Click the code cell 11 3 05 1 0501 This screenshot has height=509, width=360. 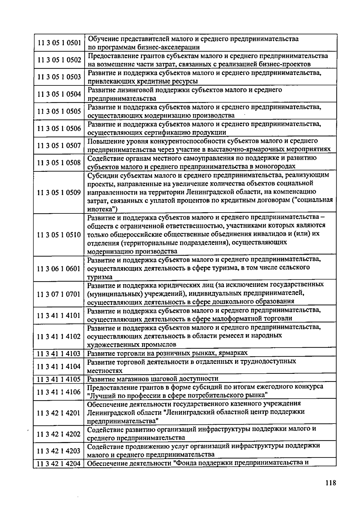tap(59, 43)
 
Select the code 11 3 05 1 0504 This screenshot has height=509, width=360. tap(59, 94)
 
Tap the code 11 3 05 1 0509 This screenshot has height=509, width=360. tap(59, 192)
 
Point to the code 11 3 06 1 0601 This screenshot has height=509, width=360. tap(59, 269)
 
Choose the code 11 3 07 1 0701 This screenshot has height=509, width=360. tap(59, 294)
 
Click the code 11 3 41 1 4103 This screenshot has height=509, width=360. tap(59, 354)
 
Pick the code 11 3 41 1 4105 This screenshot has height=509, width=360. tap(59, 379)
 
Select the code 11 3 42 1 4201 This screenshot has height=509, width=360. tap(59, 413)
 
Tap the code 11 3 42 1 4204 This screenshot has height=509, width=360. tap(59, 464)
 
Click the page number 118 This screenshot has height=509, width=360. tap(331, 483)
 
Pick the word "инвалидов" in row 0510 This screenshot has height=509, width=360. tap(267, 234)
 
